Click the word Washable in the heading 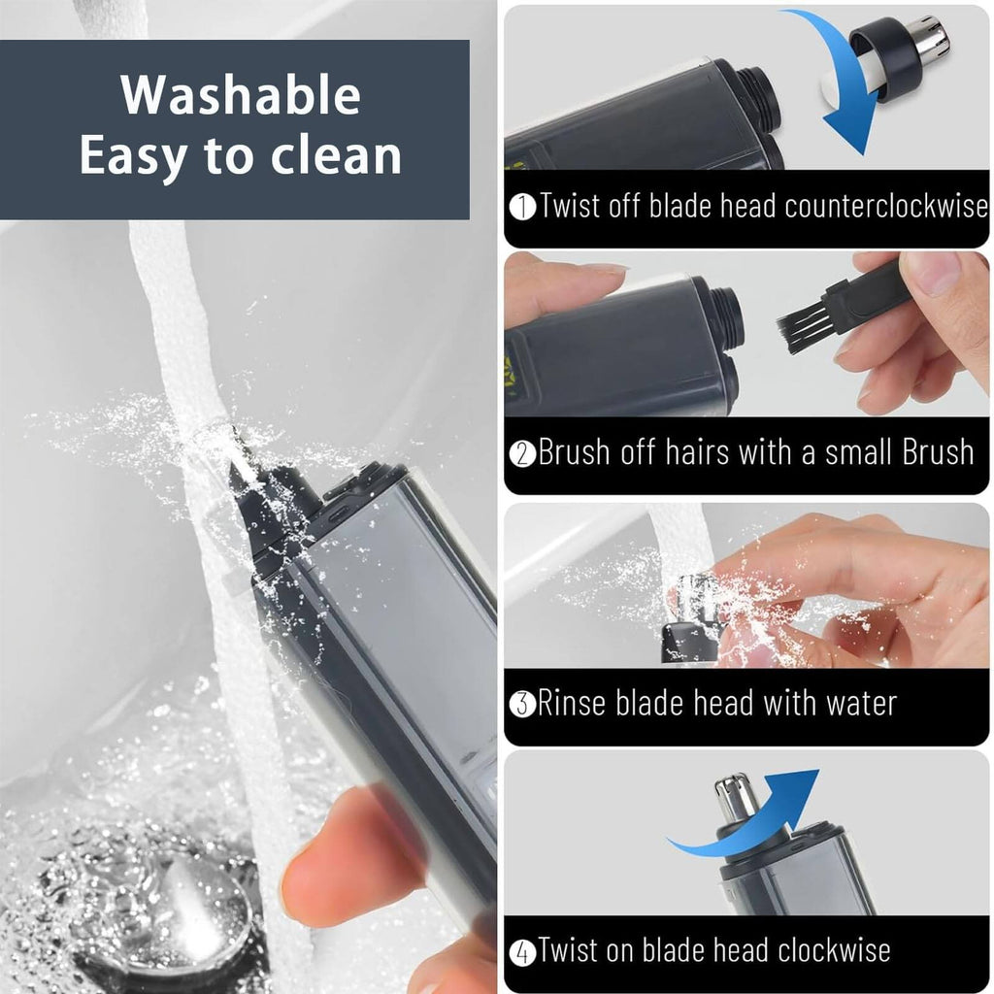coord(241,95)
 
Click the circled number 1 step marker coord(523,207)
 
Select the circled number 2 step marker coord(523,454)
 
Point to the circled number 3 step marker coord(523,705)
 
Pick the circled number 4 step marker coord(523,951)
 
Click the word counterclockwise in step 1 coord(885,206)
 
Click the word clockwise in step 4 coord(834,950)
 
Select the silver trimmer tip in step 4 coord(736,800)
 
